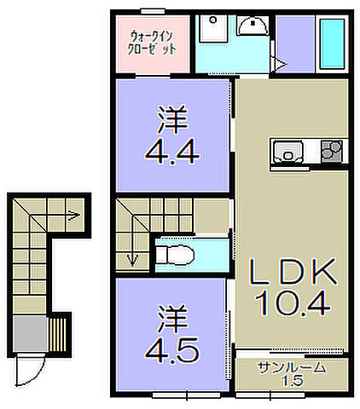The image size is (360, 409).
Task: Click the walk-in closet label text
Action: (x=154, y=43)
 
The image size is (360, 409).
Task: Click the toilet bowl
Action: (x=177, y=253)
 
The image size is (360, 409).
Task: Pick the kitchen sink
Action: (x=288, y=152)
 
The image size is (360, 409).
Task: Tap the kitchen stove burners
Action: (x=331, y=152)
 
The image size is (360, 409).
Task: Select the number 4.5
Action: (x=175, y=349)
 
